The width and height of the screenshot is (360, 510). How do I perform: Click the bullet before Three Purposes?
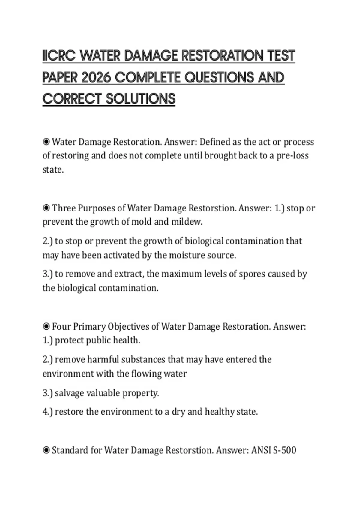point(46,208)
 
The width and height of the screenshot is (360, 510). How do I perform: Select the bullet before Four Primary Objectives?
point(46,326)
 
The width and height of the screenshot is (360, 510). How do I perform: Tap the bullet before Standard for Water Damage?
point(46,450)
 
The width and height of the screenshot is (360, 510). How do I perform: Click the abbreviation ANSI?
point(261,450)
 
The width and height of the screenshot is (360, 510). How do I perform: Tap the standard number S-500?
point(285,450)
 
